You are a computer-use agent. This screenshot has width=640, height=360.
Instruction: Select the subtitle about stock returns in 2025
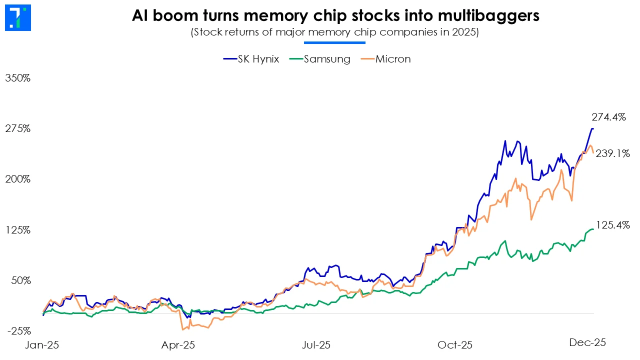click(x=335, y=33)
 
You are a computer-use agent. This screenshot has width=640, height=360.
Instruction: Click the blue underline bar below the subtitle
click(x=335, y=43)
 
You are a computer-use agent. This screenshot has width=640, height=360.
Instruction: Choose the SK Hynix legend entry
click(x=250, y=59)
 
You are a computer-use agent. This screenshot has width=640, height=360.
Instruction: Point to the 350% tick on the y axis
click(x=17, y=78)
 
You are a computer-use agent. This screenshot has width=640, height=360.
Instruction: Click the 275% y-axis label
click(x=17, y=128)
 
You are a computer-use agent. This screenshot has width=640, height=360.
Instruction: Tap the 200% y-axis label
click(x=17, y=179)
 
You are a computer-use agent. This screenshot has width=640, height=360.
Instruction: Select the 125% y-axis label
click(x=17, y=230)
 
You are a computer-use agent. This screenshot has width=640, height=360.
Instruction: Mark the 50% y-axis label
click(x=20, y=280)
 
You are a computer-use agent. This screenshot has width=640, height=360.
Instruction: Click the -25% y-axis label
click(x=18, y=331)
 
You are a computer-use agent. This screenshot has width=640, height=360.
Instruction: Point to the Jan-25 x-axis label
click(x=42, y=345)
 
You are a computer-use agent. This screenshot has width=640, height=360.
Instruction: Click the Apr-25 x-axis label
click(x=178, y=345)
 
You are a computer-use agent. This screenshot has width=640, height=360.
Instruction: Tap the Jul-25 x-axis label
click(x=316, y=345)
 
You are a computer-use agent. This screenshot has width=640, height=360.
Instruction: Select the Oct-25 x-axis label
click(x=454, y=345)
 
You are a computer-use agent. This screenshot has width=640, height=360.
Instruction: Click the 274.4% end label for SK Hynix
click(x=608, y=117)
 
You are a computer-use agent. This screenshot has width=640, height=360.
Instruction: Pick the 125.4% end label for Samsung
click(x=612, y=225)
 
